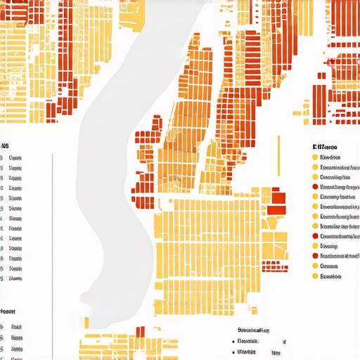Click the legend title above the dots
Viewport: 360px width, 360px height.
(x=324, y=146)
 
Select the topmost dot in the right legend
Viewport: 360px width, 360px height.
(x=315, y=157)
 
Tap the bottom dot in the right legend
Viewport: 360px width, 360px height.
(x=315, y=276)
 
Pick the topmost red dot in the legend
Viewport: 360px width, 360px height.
(x=315, y=187)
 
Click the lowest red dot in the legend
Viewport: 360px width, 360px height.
(x=315, y=257)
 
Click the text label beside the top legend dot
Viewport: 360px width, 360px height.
(x=330, y=157)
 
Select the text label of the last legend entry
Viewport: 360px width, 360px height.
(x=330, y=276)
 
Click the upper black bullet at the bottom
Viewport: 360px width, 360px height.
(x=233, y=341)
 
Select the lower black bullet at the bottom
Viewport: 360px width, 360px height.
(x=233, y=351)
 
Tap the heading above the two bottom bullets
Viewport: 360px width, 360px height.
(x=254, y=330)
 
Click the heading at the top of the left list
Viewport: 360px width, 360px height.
(x=5, y=146)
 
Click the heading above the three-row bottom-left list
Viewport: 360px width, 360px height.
(x=8, y=310)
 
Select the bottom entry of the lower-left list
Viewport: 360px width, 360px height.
(x=15, y=348)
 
